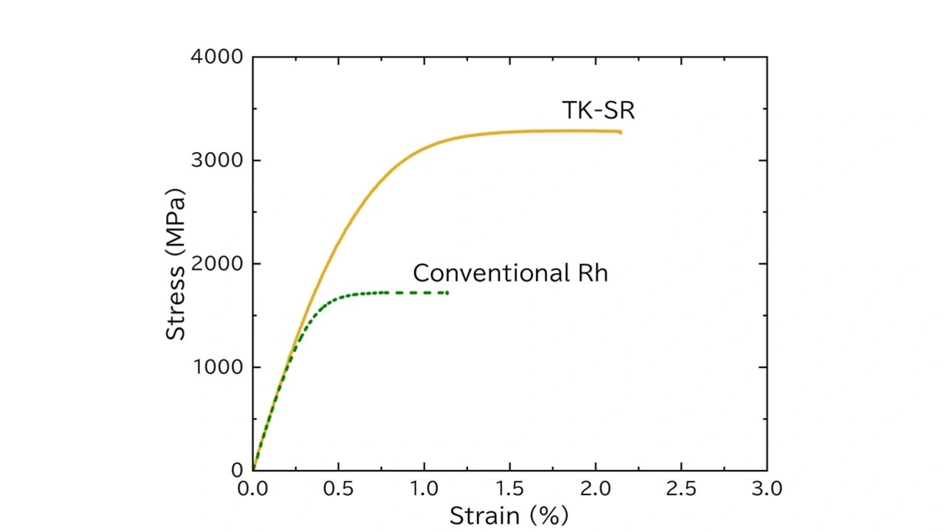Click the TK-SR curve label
tap(598, 111)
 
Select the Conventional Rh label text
tap(510, 273)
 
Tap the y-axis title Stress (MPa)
tap(176, 263)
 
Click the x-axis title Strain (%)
tap(509, 515)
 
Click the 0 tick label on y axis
tap(237, 470)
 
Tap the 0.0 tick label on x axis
tap(253, 488)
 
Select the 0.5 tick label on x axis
tap(338, 488)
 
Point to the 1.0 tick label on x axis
tap(424, 488)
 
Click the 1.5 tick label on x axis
tap(509, 488)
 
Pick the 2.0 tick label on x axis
tap(595, 488)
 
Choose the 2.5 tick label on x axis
tap(681, 488)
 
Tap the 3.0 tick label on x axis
tap(766, 488)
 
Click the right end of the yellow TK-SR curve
tap(620, 132)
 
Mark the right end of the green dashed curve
tap(447, 293)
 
